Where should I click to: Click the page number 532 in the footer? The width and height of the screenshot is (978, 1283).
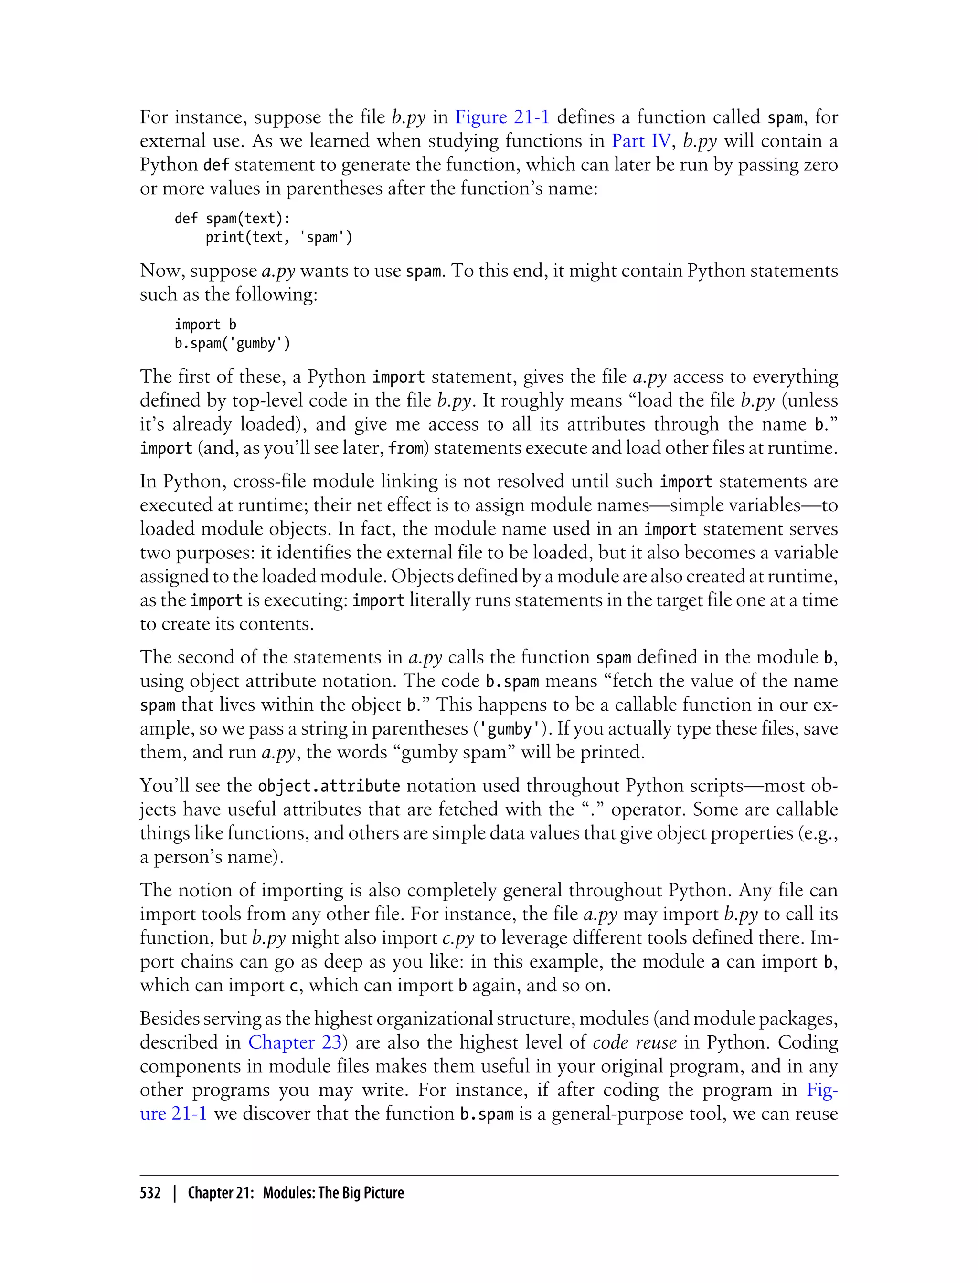click(x=150, y=1193)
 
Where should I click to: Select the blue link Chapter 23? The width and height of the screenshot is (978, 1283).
click(x=295, y=1042)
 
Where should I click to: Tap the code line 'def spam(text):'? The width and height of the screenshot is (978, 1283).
click(x=232, y=218)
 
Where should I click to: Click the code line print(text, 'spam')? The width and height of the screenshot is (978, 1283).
click(x=279, y=237)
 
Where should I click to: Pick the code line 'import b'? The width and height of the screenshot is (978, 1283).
click(x=205, y=325)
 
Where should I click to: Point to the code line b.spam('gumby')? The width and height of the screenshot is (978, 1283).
click(x=232, y=343)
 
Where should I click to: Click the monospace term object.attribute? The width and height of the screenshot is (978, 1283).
click(x=329, y=786)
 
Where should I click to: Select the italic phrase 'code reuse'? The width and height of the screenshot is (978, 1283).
click(x=635, y=1042)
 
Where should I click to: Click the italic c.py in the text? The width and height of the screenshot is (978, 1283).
click(x=458, y=938)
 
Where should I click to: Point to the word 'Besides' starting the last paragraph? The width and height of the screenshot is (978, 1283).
click(x=168, y=1018)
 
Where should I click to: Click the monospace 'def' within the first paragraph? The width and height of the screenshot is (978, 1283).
click(x=216, y=165)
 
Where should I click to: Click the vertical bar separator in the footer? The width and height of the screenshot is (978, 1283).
click(x=174, y=1193)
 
